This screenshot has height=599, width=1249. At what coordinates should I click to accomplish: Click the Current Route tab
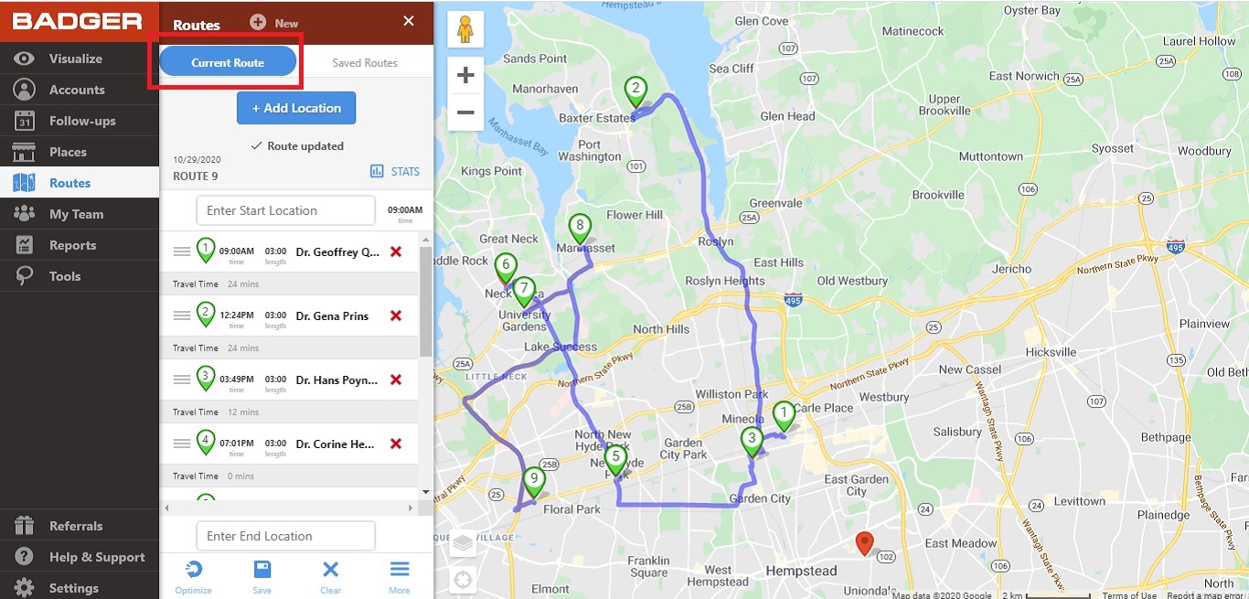tap(228, 62)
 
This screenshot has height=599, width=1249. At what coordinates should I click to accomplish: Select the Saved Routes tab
tap(365, 63)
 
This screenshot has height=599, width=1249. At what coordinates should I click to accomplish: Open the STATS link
tap(395, 171)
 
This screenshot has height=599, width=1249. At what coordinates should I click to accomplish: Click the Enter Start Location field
tap(285, 210)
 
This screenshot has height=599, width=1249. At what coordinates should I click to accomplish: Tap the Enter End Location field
tap(285, 536)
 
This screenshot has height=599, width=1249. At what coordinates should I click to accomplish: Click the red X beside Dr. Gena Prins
tap(396, 316)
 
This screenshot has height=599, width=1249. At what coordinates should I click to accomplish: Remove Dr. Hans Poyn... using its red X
tap(396, 380)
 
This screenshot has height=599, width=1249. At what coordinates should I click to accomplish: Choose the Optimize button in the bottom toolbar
tap(193, 577)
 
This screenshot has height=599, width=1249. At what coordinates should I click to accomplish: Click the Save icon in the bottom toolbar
tap(262, 577)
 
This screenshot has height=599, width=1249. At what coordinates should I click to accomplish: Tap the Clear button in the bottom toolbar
tap(331, 577)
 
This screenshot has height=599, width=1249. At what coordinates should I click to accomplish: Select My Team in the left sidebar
tap(76, 214)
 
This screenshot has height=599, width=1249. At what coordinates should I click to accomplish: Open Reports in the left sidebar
tap(72, 245)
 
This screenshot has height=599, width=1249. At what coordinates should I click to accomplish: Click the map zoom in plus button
tap(465, 75)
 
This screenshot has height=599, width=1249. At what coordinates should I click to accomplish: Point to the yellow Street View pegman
tap(465, 29)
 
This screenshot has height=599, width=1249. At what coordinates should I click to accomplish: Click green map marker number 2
tap(635, 91)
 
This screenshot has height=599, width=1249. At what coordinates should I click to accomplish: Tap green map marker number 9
tap(534, 479)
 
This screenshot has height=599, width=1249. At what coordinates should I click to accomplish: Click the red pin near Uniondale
tap(864, 543)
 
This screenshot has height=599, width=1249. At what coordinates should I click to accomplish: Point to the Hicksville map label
tap(1051, 352)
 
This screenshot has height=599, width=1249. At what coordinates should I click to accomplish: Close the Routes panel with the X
tap(409, 21)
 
